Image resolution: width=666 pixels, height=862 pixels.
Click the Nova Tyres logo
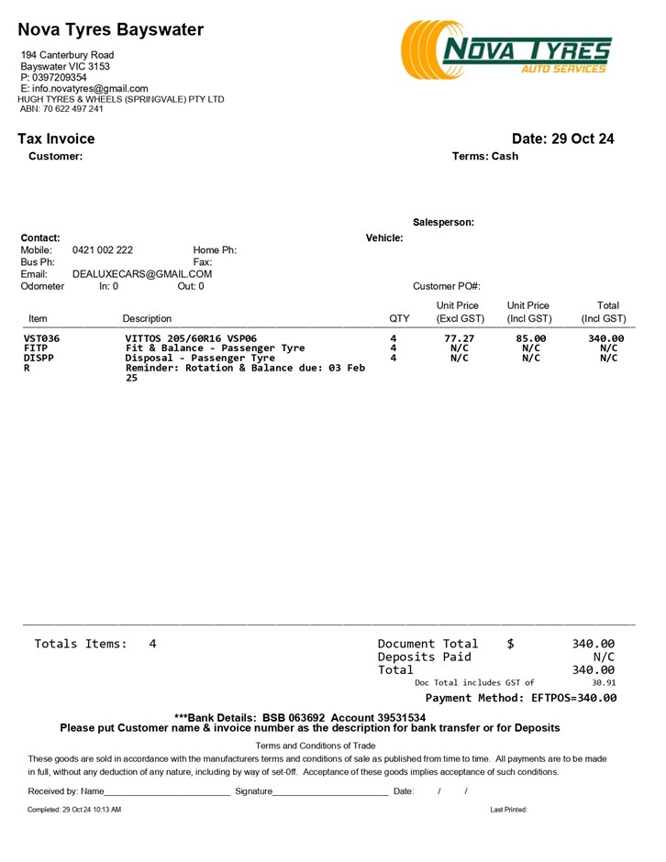tap(505, 50)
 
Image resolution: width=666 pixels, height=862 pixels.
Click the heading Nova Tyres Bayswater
tap(111, 29)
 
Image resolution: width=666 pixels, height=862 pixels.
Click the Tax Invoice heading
tap(56, 139)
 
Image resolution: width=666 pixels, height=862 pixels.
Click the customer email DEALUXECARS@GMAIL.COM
tap(142, 274)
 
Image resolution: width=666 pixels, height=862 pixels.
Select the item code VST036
tap(41, 338)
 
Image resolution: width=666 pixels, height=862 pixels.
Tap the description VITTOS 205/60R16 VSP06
tap(191, 338)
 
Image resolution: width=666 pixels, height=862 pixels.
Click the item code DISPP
tap(39, 359)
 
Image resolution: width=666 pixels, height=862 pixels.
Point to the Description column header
tap(147, 319)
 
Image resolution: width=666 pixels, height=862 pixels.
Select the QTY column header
tap(400, 319)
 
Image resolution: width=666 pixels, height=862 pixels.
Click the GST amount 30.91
tap(604, 682)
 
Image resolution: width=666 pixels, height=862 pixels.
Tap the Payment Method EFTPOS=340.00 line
tap(521, 698)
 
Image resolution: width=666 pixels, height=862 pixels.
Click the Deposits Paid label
tap(424, 657)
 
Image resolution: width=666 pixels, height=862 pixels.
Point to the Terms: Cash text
tap(485, 157)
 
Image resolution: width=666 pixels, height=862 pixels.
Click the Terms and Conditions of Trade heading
tap(316, 746)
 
